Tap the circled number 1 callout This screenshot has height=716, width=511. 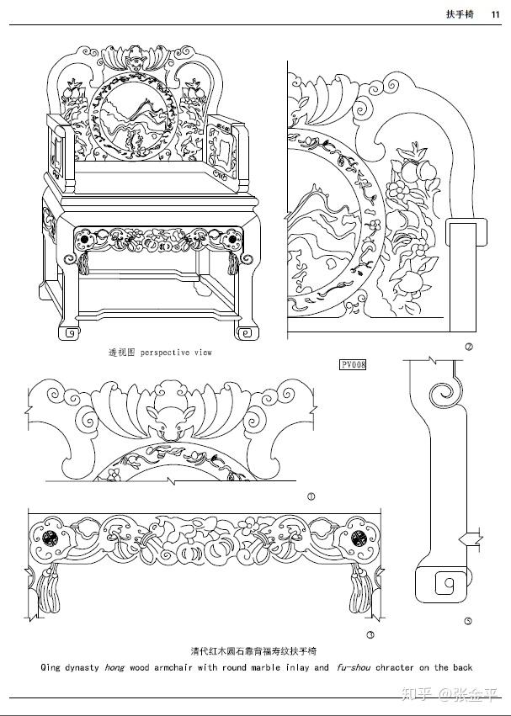click(311, 496)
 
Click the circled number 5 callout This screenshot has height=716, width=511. click(468, 622)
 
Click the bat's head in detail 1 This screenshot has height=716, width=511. click(164, 418)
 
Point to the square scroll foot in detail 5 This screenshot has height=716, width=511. click(444, 583)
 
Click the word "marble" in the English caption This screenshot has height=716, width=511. click(269, 667)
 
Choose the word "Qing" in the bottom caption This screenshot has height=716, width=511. click(50, 667)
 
